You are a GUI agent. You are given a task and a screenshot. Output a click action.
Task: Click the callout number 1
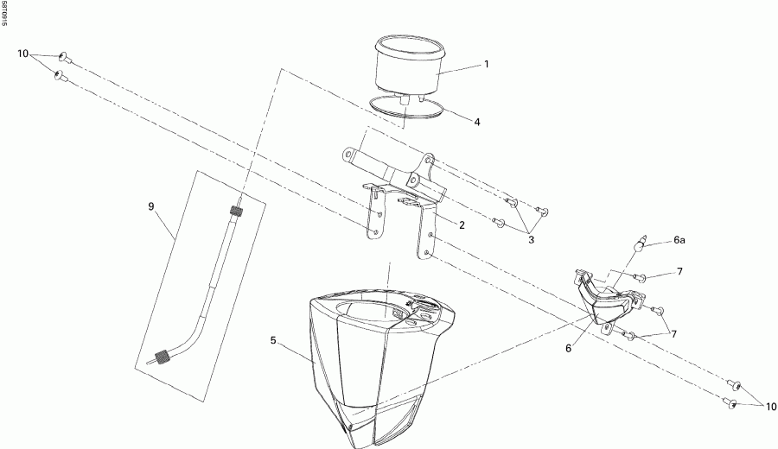click(487, 65)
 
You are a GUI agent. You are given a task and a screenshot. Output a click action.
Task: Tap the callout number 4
click(477, 122)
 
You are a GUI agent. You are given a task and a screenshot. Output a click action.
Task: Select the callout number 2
click(462, 225)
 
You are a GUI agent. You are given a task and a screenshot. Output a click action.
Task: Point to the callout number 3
click(532, 240)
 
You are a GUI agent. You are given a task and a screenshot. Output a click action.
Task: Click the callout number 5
click(273, 340)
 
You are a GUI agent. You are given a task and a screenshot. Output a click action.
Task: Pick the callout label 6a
click(679, 240)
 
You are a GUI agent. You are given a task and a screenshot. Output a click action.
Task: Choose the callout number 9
click(151, 206)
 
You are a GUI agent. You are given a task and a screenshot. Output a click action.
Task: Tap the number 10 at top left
click(23, 54)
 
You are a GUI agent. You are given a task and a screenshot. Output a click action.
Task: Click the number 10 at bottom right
click(771, 407)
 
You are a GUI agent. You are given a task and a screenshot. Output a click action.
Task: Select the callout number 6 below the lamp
click(568, 348)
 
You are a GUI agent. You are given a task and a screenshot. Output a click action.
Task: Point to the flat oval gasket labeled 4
click(407, 108)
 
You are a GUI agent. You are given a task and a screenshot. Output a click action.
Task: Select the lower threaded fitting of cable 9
click(162, 357)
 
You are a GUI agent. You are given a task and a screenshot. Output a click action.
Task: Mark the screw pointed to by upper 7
click(639, 277)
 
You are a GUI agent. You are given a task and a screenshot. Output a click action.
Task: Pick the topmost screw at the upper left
click(65, 58)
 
